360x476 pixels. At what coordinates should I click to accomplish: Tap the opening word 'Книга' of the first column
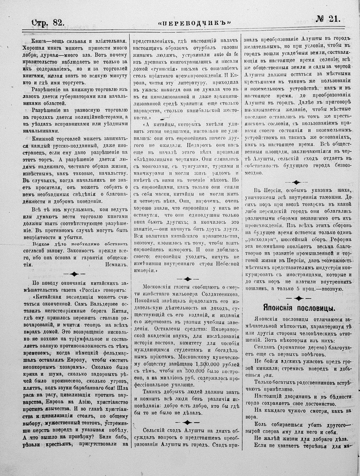click(38, 41)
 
